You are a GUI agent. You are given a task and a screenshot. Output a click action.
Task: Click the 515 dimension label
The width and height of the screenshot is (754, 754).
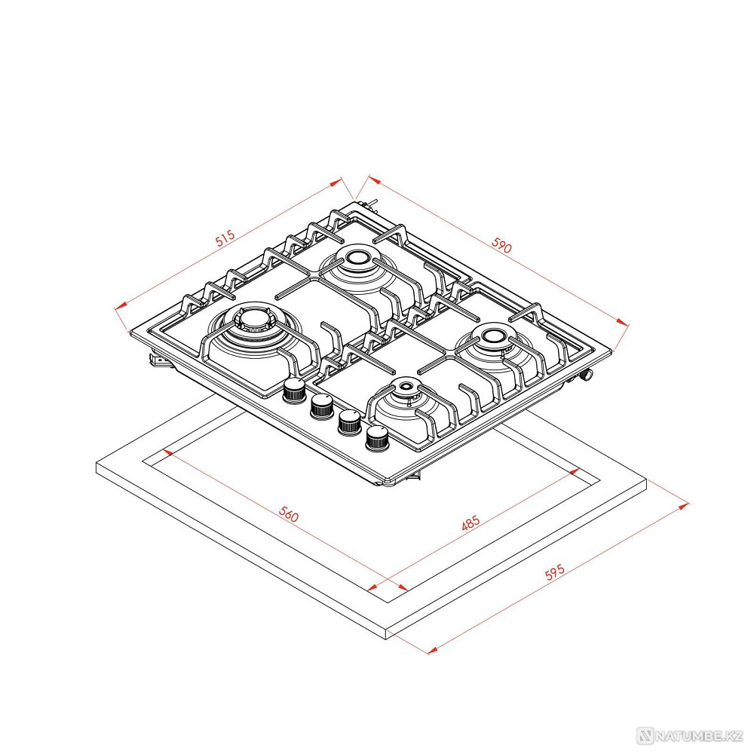point(225,238)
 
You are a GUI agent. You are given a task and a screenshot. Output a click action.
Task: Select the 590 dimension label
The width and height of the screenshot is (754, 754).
point(501,246)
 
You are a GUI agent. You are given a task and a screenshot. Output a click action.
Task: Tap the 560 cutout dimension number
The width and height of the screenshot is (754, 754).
point(289,514)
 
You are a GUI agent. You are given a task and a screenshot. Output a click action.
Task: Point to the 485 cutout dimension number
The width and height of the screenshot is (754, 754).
point(470,523)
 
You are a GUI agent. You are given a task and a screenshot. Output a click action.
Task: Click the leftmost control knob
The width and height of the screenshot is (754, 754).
point(294,389)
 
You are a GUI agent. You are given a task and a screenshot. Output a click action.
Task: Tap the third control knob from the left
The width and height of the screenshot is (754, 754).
point(350,421)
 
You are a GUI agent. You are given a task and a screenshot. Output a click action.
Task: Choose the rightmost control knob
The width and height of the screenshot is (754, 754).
point(378,437)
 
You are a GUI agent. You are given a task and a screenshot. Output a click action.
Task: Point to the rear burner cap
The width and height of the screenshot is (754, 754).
point(357,258)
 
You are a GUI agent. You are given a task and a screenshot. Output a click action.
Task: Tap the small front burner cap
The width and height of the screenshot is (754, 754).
point(406,385)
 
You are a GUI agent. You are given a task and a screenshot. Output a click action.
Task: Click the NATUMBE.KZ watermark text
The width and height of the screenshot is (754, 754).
point(697,736)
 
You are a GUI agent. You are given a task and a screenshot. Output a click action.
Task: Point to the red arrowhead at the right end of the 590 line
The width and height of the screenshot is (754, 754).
point(623,322)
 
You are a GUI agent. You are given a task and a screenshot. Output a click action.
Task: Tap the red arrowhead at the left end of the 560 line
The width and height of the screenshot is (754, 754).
point(168,452)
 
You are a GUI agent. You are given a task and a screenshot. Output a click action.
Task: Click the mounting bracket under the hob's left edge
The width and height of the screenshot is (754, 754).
point(160,360)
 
